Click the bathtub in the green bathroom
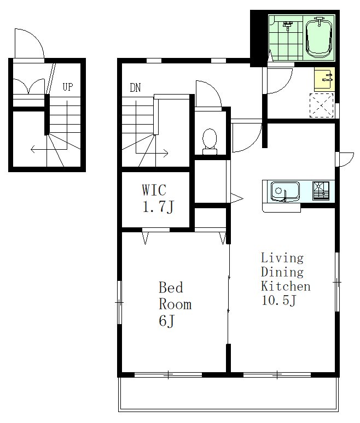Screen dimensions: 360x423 pyautogui.click(x=318, y=38)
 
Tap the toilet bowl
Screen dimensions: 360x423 pyautogui.click(x=210, y=142)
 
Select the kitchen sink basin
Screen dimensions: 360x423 pyautogui.click(x=285, y=192)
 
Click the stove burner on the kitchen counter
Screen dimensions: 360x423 pyautogui.click(x=321, y=191)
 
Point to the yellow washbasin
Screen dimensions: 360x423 pyautogui.click(x=324, y=79)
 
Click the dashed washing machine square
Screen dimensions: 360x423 pyautogui.click(x=321, y=105)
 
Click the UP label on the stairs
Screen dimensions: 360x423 pyautogui.click(x=68, y=87)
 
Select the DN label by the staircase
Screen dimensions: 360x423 pyautogui.click(x=135, y=87)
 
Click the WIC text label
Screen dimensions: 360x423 pyautogui.click(x=154, y=190)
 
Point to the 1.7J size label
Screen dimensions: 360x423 pyautogui.click(x=158, y=207)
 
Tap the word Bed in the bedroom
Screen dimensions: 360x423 pyautogui.click(x=171, y=287)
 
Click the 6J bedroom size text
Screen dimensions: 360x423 pyautogui.click(x=167, y=321)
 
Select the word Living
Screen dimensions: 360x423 pyautogui.click(x=282, y=258)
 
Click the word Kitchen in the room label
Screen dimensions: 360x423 pyautogui.click(x=286, y=286)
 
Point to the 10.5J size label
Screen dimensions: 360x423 pyautogui.click(x=279, y=300)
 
